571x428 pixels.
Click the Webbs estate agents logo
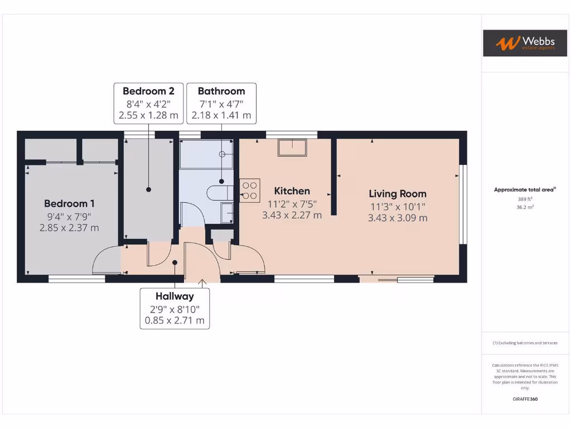(517, 43)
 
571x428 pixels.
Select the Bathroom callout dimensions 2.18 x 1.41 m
(221, 115)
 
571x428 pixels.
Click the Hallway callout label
(175, 296)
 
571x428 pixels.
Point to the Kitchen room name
(292, 191)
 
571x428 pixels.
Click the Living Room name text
(397, 194)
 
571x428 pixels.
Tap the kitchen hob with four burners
(249, 189)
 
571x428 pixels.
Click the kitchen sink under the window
(293, 147)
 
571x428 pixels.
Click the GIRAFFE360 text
(525, 399)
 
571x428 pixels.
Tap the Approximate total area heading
(524, 189)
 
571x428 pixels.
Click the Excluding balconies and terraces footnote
(524, 343)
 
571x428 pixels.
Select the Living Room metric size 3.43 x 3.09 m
(397, 218)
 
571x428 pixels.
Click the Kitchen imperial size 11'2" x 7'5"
(292, 203)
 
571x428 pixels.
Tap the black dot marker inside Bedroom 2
(148, 189)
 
